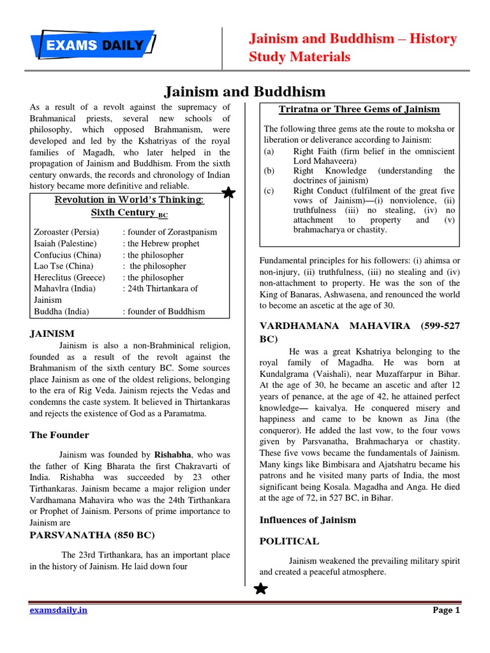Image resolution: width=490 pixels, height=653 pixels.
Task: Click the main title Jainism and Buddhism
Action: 246,92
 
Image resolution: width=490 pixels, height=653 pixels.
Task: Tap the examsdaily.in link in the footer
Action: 59,610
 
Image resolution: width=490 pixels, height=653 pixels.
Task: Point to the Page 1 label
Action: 446,610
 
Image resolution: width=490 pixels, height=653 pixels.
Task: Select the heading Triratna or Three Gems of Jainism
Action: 359,110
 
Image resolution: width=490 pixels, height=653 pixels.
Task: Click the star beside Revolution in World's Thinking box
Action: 228,193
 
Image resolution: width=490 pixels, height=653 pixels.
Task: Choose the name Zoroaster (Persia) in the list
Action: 63,232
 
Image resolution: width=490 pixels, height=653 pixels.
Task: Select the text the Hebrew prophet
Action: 163,244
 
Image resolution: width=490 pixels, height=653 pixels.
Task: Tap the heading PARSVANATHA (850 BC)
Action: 92,535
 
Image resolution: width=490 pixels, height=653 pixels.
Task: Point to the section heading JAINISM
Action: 52,334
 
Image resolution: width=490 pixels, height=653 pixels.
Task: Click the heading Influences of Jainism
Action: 302,520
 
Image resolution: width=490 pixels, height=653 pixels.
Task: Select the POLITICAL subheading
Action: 288,541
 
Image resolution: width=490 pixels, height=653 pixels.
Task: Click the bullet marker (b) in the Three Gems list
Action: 269,171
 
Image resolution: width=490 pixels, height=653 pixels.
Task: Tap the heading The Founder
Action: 59,435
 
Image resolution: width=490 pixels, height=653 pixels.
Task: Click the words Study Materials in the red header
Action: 299,57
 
